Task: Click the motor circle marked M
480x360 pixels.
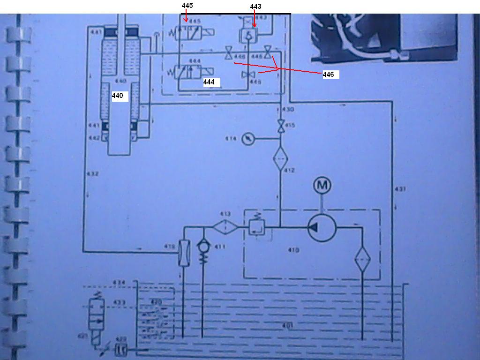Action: pyautogui.click(x=322, y=186)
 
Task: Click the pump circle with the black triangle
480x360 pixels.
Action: pyautogui.click(x=322, y=228)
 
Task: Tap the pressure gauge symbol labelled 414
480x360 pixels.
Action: pyautogui.click(x=248, y=139)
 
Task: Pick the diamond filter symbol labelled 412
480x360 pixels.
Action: pyautogui.click(x=280, y=158)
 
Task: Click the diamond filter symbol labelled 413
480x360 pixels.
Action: pyautogui.click(x=225, y=227)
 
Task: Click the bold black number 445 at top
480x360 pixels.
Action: pyautogui.click(x=187, y=6)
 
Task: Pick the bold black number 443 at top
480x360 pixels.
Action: pyautogui.click(x=256, y=7)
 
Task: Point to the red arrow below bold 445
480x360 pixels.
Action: pyautogui.click(x=186, y=17)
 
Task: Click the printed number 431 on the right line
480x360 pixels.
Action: pyautogui.click(x=399, y=189)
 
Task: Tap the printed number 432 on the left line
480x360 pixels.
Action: pyautogui.click(x=93, y=174)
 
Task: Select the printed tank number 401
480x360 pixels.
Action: pyautogui.click(x=287, y=325)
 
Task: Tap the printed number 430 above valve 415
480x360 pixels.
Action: pyautogui.click(x=288, y=110)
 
